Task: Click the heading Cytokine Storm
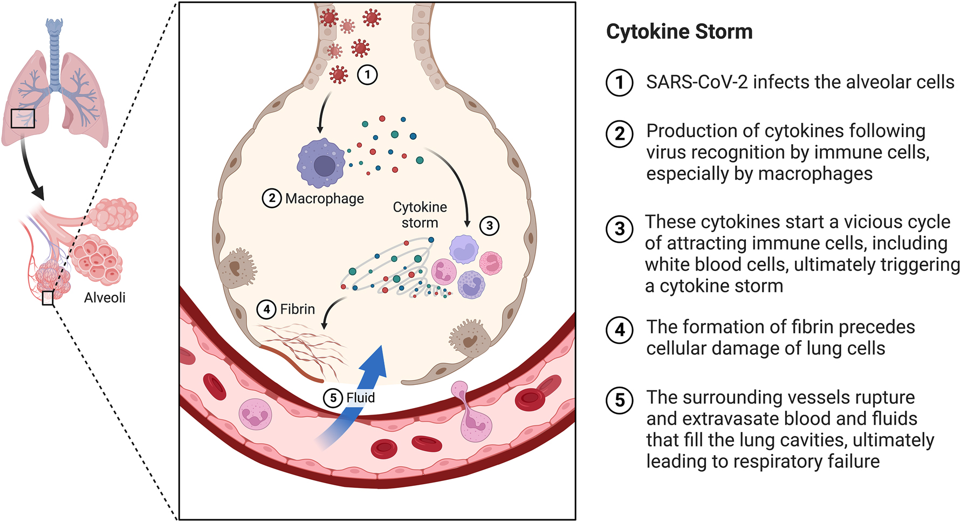pyautogui.click(x=679, y=32)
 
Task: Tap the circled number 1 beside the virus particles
pyautogui.click(x=367, y=74)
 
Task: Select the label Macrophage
pyautogui.click(x=324, y=199)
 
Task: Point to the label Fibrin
pyautogui.click(x=297, y=309)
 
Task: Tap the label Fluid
pyautogui.click(x=360, y=398)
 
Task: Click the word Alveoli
pyautogui.click(x=105, y=297)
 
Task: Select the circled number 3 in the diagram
pyautogui.click(x=489, y=226)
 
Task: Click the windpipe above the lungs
pyautogui.click(x=54, y=49)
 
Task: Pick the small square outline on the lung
pyautogui.click(x=23, y=118)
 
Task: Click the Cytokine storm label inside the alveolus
pyautogui.click(x=420, y=215)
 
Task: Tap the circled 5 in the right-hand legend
pyautogui.click(x=620, y=401)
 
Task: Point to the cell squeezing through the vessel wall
pyautogui.click(x=469, y=413)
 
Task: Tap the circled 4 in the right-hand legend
pyautogui.click(x=620, y=330)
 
